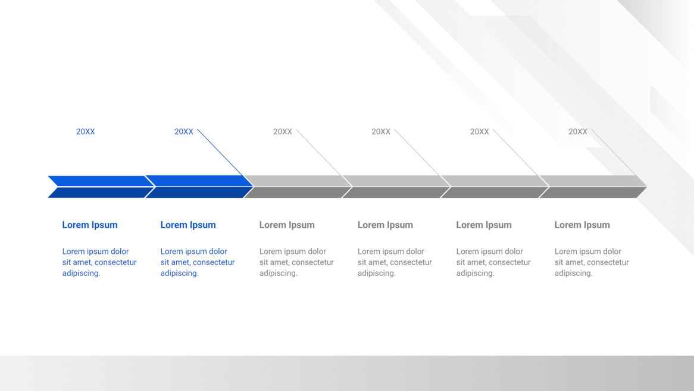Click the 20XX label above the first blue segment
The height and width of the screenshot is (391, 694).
pos(86,132)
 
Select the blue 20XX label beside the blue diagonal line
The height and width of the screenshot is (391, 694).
pos(184,132)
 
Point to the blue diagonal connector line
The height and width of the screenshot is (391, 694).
pos(220,153)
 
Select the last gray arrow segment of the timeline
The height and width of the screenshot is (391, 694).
pos(593,187)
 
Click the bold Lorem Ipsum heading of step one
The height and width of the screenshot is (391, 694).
pos(90,225)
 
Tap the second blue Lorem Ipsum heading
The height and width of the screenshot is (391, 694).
pos(188,225)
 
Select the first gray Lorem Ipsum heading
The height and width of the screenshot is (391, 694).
pos(287,225)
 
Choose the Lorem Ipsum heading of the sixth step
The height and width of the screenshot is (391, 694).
pos(582,225)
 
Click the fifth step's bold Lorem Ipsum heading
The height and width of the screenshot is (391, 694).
pos(484,225)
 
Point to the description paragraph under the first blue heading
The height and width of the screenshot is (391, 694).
pos(99,262)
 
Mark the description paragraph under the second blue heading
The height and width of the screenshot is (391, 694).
pos(198,262)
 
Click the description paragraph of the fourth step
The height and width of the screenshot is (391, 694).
pos(395,262)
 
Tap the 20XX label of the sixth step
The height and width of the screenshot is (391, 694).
pos(577,132)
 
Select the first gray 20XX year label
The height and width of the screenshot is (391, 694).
pos(282,132)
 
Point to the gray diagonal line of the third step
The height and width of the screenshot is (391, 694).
pos(319,153)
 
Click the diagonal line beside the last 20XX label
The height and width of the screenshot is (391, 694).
pos(614,153)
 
